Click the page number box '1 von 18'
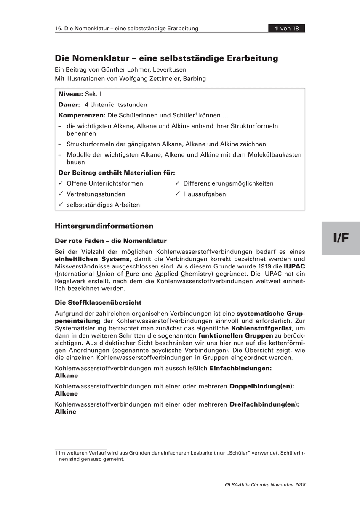click(x=287, y=29)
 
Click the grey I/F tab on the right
click(x=341, y=238)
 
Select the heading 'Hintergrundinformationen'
click(x=104, y=226)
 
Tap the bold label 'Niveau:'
click(x=71, y=94)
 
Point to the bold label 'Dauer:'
click(x=69, y=105)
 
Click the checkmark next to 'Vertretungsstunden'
click(x=61, y=194)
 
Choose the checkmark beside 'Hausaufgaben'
click(x=178, y=194)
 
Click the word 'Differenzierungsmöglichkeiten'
click(x=228, y=183)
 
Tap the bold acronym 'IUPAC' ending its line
click(x=295, y=267)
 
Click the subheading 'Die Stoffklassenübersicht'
click(x=98, y=303)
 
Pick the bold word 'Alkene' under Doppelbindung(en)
click(x=66, y=393)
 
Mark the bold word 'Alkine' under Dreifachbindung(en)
click(x=66, y=412)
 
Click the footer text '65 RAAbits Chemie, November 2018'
click(x=265, y=484)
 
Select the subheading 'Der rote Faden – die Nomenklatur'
click(x=111, y=241)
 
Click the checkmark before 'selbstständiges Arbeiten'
click(x=61, y=205)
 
